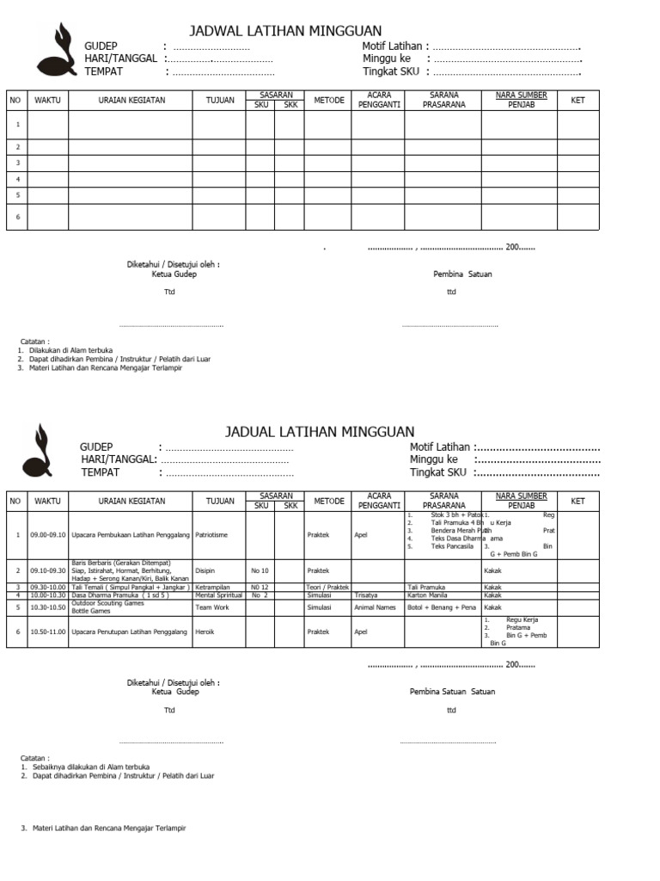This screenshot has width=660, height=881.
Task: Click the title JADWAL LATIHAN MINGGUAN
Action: tap(284, 31)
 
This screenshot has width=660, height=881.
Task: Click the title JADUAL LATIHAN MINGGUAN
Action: tap(320, 431)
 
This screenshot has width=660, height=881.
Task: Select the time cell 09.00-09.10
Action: tap(47, 534)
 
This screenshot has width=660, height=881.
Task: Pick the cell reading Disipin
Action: tap(205, 570)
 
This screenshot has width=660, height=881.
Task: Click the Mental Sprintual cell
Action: tap(218, 595)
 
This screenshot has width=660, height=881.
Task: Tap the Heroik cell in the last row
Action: tap(205, 632)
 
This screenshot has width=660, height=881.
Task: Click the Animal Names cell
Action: tap(376, 607)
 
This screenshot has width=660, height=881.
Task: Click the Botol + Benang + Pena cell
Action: tap(442, 607)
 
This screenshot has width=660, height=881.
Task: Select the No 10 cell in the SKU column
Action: tap(260, 570)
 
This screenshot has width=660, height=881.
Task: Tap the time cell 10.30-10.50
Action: tap(47, 607)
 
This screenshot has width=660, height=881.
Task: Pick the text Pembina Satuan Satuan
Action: tap(452, 691)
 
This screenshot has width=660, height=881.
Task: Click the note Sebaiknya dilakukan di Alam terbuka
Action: tap(90, 766)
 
